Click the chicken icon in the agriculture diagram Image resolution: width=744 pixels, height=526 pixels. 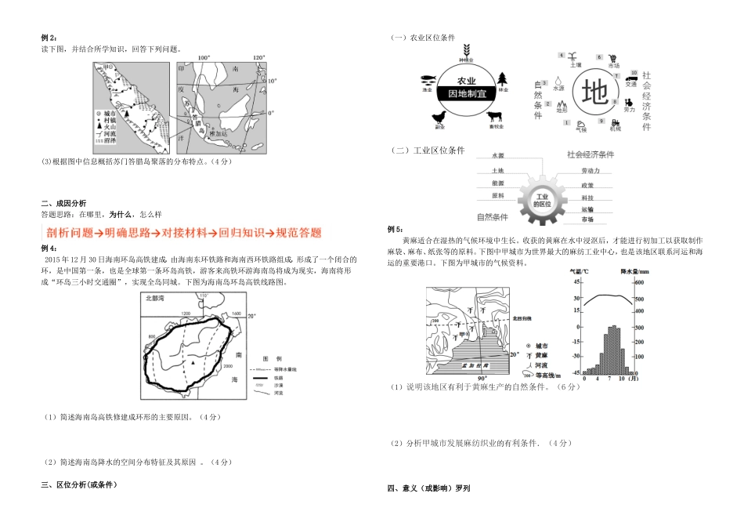pyautogui.click(x=439, y=117)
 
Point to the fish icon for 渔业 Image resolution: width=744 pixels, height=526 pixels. pyautogui.click(x=428, y=80)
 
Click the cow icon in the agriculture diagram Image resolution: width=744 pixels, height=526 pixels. pyautogui.click(x=495, y=116)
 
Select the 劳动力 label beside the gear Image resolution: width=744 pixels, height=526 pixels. pyautogui.click(x=591, y=169)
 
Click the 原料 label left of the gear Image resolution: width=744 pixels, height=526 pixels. pyautogui.click(x=497, y=196)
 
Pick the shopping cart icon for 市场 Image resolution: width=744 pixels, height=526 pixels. pyautogui.click(x=613, y=58)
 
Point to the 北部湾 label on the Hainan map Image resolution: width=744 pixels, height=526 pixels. pyautogui.click(x=157, y=298)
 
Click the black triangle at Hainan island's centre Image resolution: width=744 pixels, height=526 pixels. pyautogui.click(x=192, y=364)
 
